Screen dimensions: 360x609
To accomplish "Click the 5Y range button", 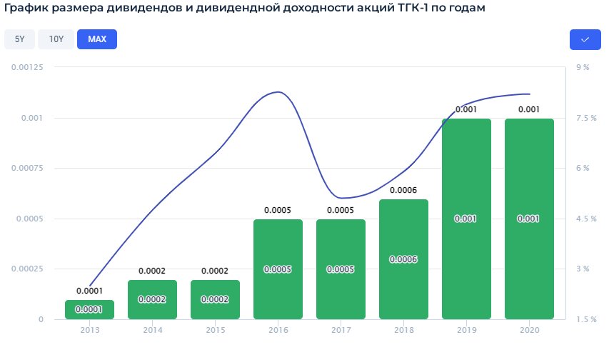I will click(x=19, y=39).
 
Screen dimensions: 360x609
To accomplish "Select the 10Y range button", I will click(x=56, y=39).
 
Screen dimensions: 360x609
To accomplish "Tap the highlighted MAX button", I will click(x=97, y=39).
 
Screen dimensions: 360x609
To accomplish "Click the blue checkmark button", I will click(x=585, y=39).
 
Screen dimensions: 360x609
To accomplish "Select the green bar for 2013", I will click(x=90, y=309).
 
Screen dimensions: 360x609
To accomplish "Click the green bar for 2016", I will click(x=278, y=269).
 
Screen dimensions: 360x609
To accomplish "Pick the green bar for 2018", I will click(x=404, y=259).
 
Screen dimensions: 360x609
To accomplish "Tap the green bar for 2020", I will click(x=530, y=219).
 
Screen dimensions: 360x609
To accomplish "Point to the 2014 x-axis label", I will click(x=153, y=330).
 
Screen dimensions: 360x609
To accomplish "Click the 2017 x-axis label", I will click(x=341, y=330).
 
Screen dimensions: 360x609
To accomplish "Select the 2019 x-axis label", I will click(x=467, y=330).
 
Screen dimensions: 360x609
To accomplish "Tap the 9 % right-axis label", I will click(x=582, y=67).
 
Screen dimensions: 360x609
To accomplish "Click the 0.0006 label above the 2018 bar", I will click(x=404, y=190).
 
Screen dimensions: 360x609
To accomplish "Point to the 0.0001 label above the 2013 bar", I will click(x=90, y=291).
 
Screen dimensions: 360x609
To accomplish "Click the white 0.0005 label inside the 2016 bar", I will click(x=278, y=269).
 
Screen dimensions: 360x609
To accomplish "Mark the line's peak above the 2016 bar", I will click(x=278, y=92).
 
